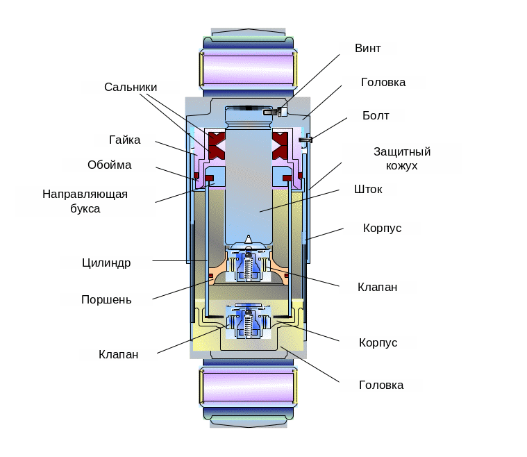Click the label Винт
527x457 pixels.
tap(367, 49)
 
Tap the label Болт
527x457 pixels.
tap(376, 115)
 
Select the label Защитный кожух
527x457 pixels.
tap(402, 158)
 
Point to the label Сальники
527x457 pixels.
tap(131, 88)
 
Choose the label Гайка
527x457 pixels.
tap(125, 140)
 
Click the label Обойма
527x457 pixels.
tap(110, 165)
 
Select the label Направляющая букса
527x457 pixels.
tap(85, 201)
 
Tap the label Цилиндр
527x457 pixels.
tap(106, 263)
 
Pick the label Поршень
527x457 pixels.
tap(106, 299)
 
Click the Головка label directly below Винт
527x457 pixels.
tap(383, 82)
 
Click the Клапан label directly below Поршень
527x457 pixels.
tap(118, 354)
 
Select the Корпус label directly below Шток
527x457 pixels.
tap(382, 228)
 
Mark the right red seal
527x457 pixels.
tap(281, 144)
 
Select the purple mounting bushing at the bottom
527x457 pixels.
tap(248, 386)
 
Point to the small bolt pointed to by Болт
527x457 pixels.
tap(306, 140)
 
